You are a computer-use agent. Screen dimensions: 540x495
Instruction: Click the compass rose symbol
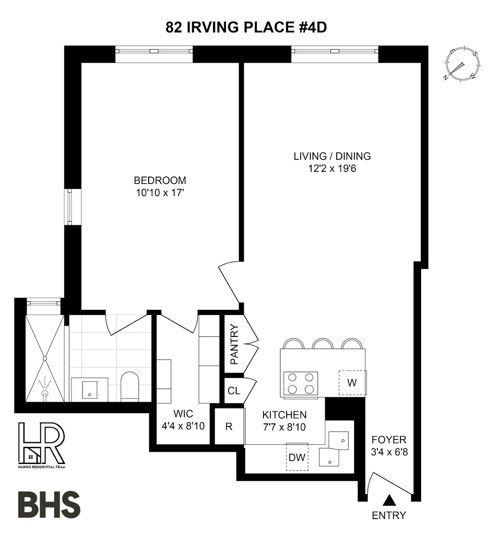pyautogui.click(x=463, y=64)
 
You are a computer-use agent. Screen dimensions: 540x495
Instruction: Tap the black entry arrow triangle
pyautogui.click(x=389, y=500)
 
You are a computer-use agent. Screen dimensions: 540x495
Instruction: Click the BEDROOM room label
pyautogui.click(x=160, y=180)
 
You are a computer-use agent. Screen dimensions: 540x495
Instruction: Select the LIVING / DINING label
pyautogui.click(x=332, y=156)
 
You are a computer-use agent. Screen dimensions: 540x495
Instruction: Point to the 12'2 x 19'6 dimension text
pyautogui.click(x=332, y=168)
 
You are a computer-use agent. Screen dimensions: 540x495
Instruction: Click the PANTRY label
pyautogui.click(x=235, y=344)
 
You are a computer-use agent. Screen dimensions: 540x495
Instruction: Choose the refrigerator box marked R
pyautogui.click(x=229, y=427)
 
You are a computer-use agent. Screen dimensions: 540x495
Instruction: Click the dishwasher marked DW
pyautogui.click(x=297, y=457)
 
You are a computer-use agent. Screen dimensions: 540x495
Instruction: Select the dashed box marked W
pyautogui.click(x=352, y=383)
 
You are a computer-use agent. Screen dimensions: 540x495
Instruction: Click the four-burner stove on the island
pyautogui.click(x=300, y=383)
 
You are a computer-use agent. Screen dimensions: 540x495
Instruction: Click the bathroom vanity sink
pyautogui.click(x=90, y=390)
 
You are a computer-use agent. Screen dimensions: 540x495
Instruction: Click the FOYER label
pyautogui.click(x=389, y=440)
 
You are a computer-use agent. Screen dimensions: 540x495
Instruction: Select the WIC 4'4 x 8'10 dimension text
pyautogui.click(x=183, y=426)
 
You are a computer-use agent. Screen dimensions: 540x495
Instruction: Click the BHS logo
pyautogui.click(x=49, y=504)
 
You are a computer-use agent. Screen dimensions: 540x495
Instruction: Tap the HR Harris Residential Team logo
pyautogui.click(x=42, y=445)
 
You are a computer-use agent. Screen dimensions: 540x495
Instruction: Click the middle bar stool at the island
pyautogui.click(x=323, y=343)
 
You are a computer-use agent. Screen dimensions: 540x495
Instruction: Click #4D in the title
pyautogui.click(x=313, y=27)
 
